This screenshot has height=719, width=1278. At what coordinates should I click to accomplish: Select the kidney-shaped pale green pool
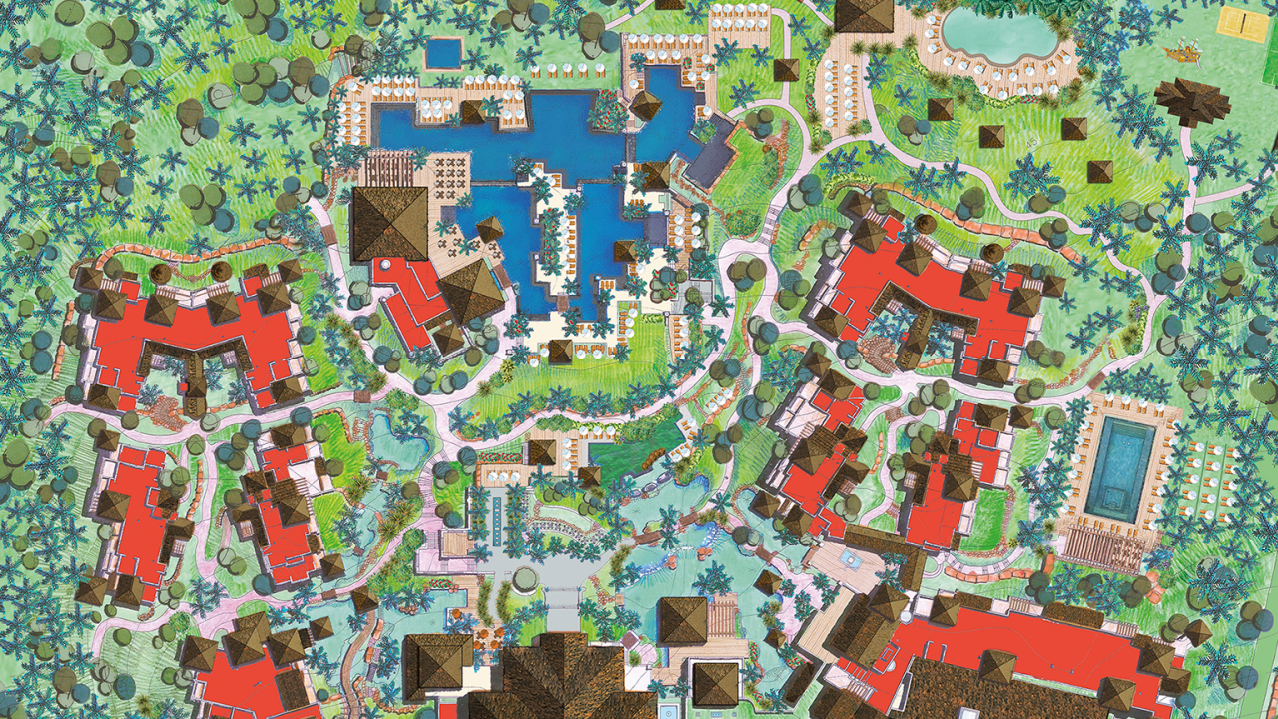click(999, 34)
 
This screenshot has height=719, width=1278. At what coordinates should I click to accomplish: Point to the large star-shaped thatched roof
click(1193, 101)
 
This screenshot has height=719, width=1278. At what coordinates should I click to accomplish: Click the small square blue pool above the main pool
click(444, 52)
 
